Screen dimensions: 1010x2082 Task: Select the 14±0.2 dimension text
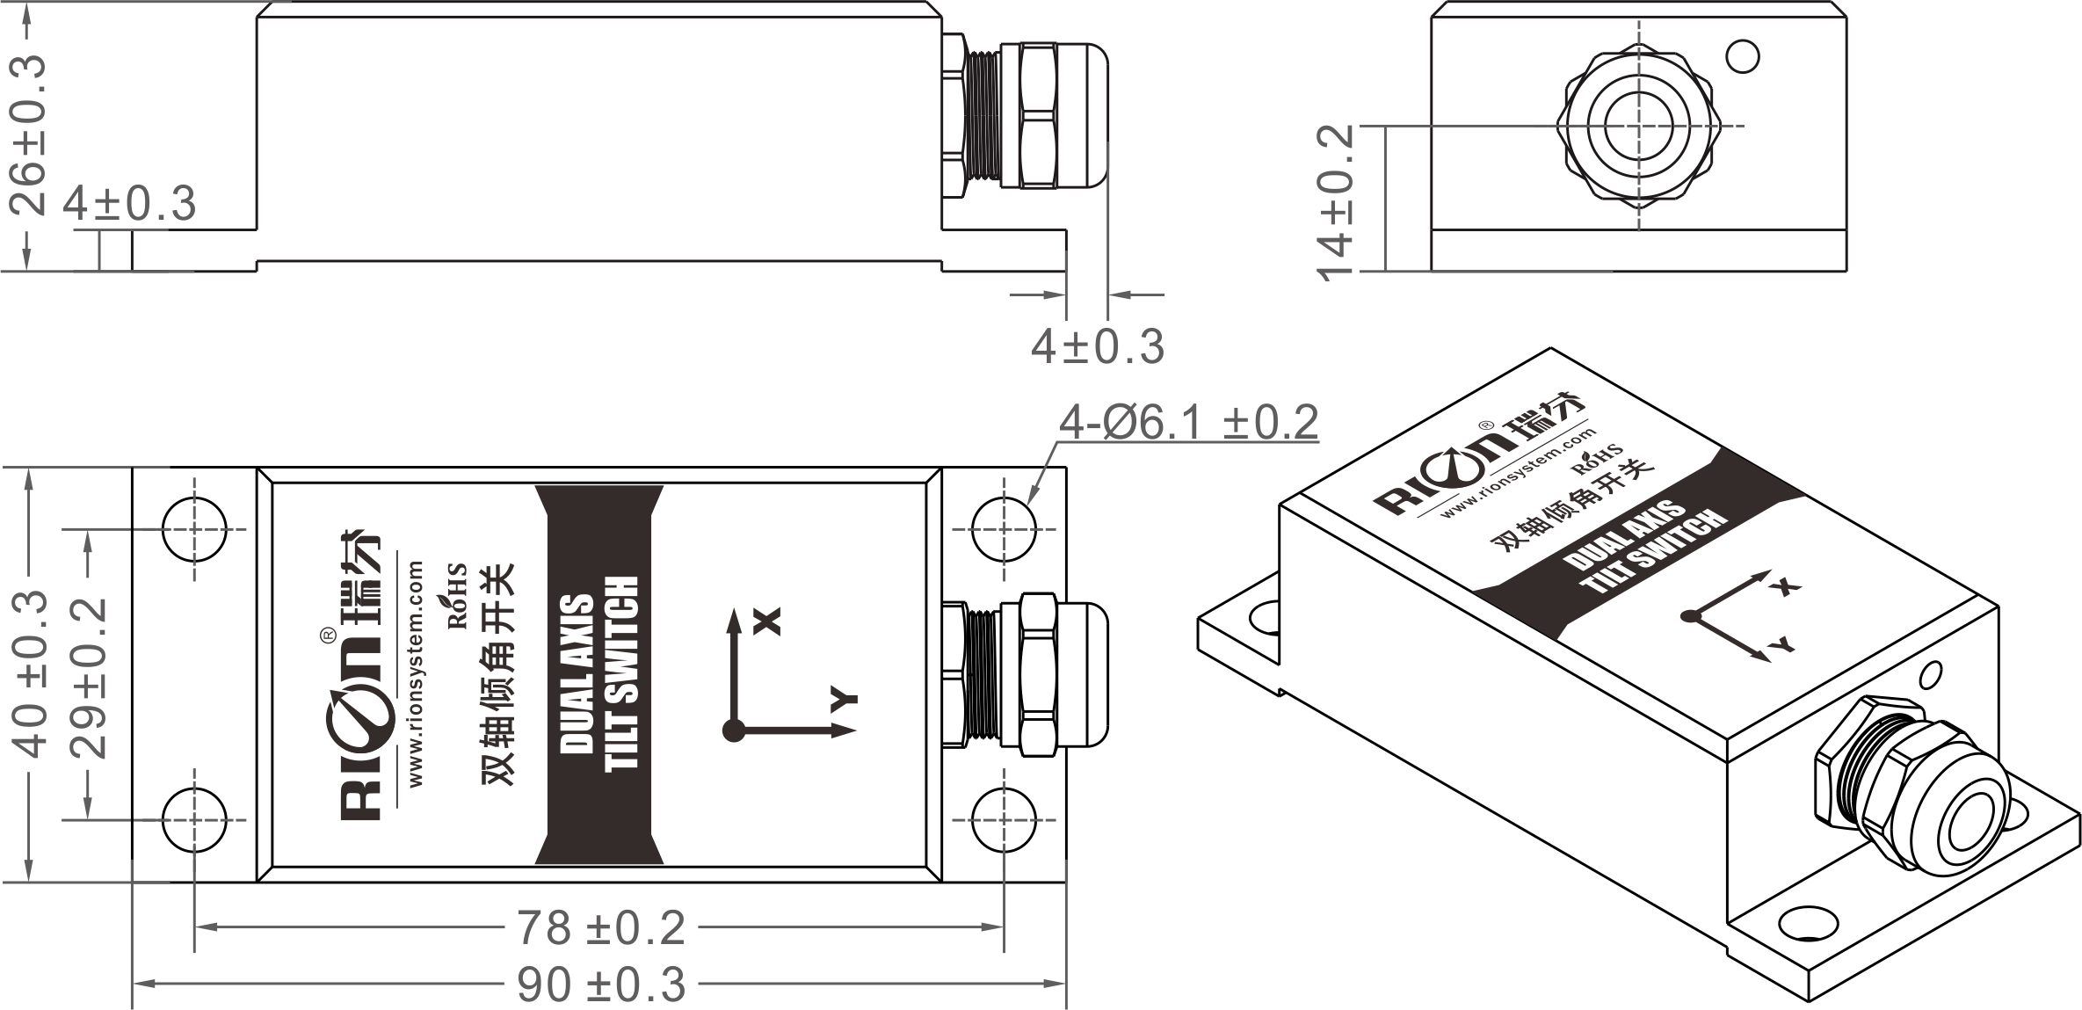pos(1336,201)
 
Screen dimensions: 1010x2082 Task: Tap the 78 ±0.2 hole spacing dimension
pos(600,928)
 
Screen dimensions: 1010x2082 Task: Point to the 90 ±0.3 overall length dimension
pos(600,985)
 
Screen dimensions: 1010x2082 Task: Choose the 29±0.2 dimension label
pos(89,678)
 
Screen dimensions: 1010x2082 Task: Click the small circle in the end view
pos(1742,57)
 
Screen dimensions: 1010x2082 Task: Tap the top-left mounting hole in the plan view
pos(193,529)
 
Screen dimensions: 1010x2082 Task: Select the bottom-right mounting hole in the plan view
pos(1004,819)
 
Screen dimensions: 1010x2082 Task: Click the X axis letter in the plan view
pos(768,621)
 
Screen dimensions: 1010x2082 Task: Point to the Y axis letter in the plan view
pos(845,701)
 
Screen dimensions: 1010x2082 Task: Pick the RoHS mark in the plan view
pos(458,596)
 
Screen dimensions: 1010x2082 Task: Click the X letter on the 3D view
pos(1785,587)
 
